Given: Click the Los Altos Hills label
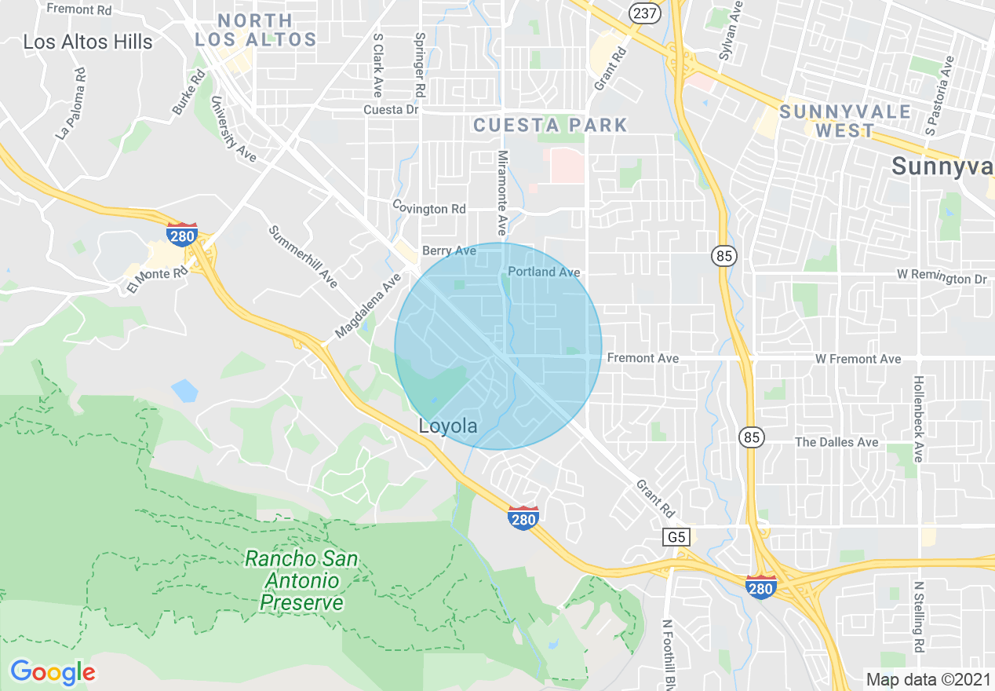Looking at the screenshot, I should coord(88,42).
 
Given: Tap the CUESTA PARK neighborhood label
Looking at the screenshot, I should coord(551,125).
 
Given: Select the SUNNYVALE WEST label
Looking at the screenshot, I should coord(845,121).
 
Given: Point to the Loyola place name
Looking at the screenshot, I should coord(448,426).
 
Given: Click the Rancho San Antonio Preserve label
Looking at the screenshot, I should coord(301,581).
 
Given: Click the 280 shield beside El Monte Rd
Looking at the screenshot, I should coord(181,234).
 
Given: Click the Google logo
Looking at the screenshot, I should coord(53,671).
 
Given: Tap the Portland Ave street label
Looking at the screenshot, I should coord(544,272).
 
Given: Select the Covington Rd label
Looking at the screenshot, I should coord(429,209).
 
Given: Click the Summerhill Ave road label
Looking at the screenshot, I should coord(303,256).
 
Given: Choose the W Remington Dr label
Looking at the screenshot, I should coord(942,278).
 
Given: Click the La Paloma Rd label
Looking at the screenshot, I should coord(71,103).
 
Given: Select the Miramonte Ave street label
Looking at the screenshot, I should coord(502,193).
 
